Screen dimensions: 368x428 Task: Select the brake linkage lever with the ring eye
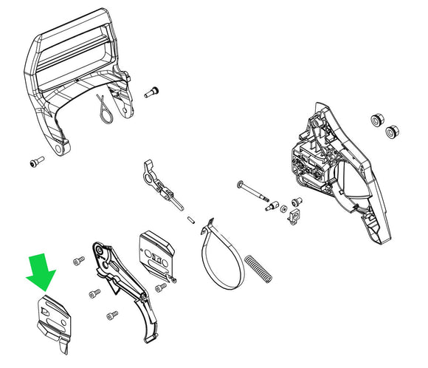[154, 177]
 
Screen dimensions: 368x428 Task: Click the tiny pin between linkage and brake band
[190, 217]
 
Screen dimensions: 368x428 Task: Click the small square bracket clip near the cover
[296, 215]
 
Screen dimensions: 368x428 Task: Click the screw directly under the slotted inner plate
[161, 287]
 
